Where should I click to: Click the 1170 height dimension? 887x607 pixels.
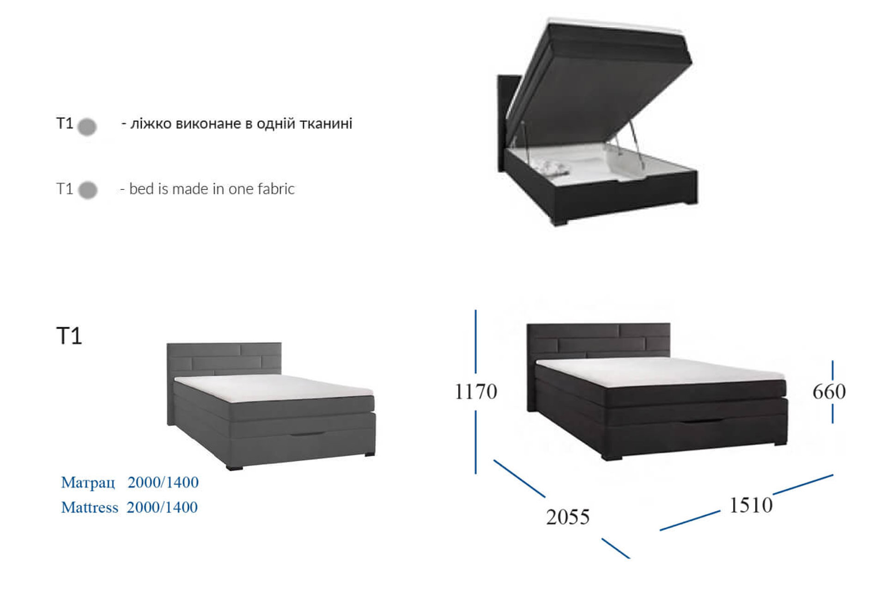pos(476,392)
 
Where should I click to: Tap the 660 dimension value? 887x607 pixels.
pos(829,392)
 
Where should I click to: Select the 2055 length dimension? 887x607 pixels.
pos(568,517)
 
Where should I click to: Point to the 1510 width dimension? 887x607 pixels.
pos(751,505)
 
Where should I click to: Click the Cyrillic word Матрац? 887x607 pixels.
pos(88,483)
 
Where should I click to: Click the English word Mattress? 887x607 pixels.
pos(90,507)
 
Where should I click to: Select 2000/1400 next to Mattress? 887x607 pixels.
pos(162,507)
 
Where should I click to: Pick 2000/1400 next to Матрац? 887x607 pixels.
pos(163,482)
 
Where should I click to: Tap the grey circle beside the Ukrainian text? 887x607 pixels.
pos(87,127)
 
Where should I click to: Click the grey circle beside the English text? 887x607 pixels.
pos(88,190)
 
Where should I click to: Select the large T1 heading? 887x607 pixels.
pos(69,336)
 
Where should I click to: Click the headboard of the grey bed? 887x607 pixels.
pos(224,358)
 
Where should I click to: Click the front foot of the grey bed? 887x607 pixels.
pos(234,467)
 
